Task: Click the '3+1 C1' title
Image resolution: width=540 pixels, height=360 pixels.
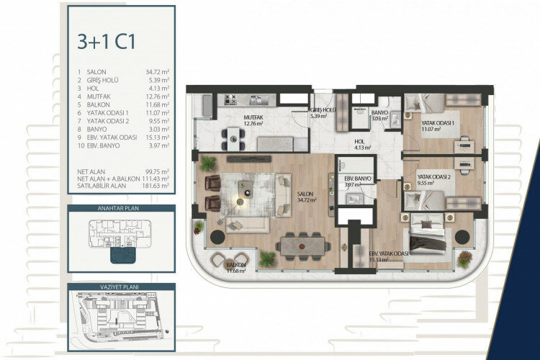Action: click(x=106, y=41)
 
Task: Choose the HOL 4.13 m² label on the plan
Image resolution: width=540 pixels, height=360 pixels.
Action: click(x=363, y=144)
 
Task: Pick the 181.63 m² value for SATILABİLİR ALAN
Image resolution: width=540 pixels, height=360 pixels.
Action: click(x=155, y=186)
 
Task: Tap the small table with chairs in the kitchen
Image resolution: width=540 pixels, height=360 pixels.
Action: click(x=232, y=134)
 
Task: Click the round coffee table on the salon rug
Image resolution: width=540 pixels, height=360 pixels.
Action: click(x=247, y=193)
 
